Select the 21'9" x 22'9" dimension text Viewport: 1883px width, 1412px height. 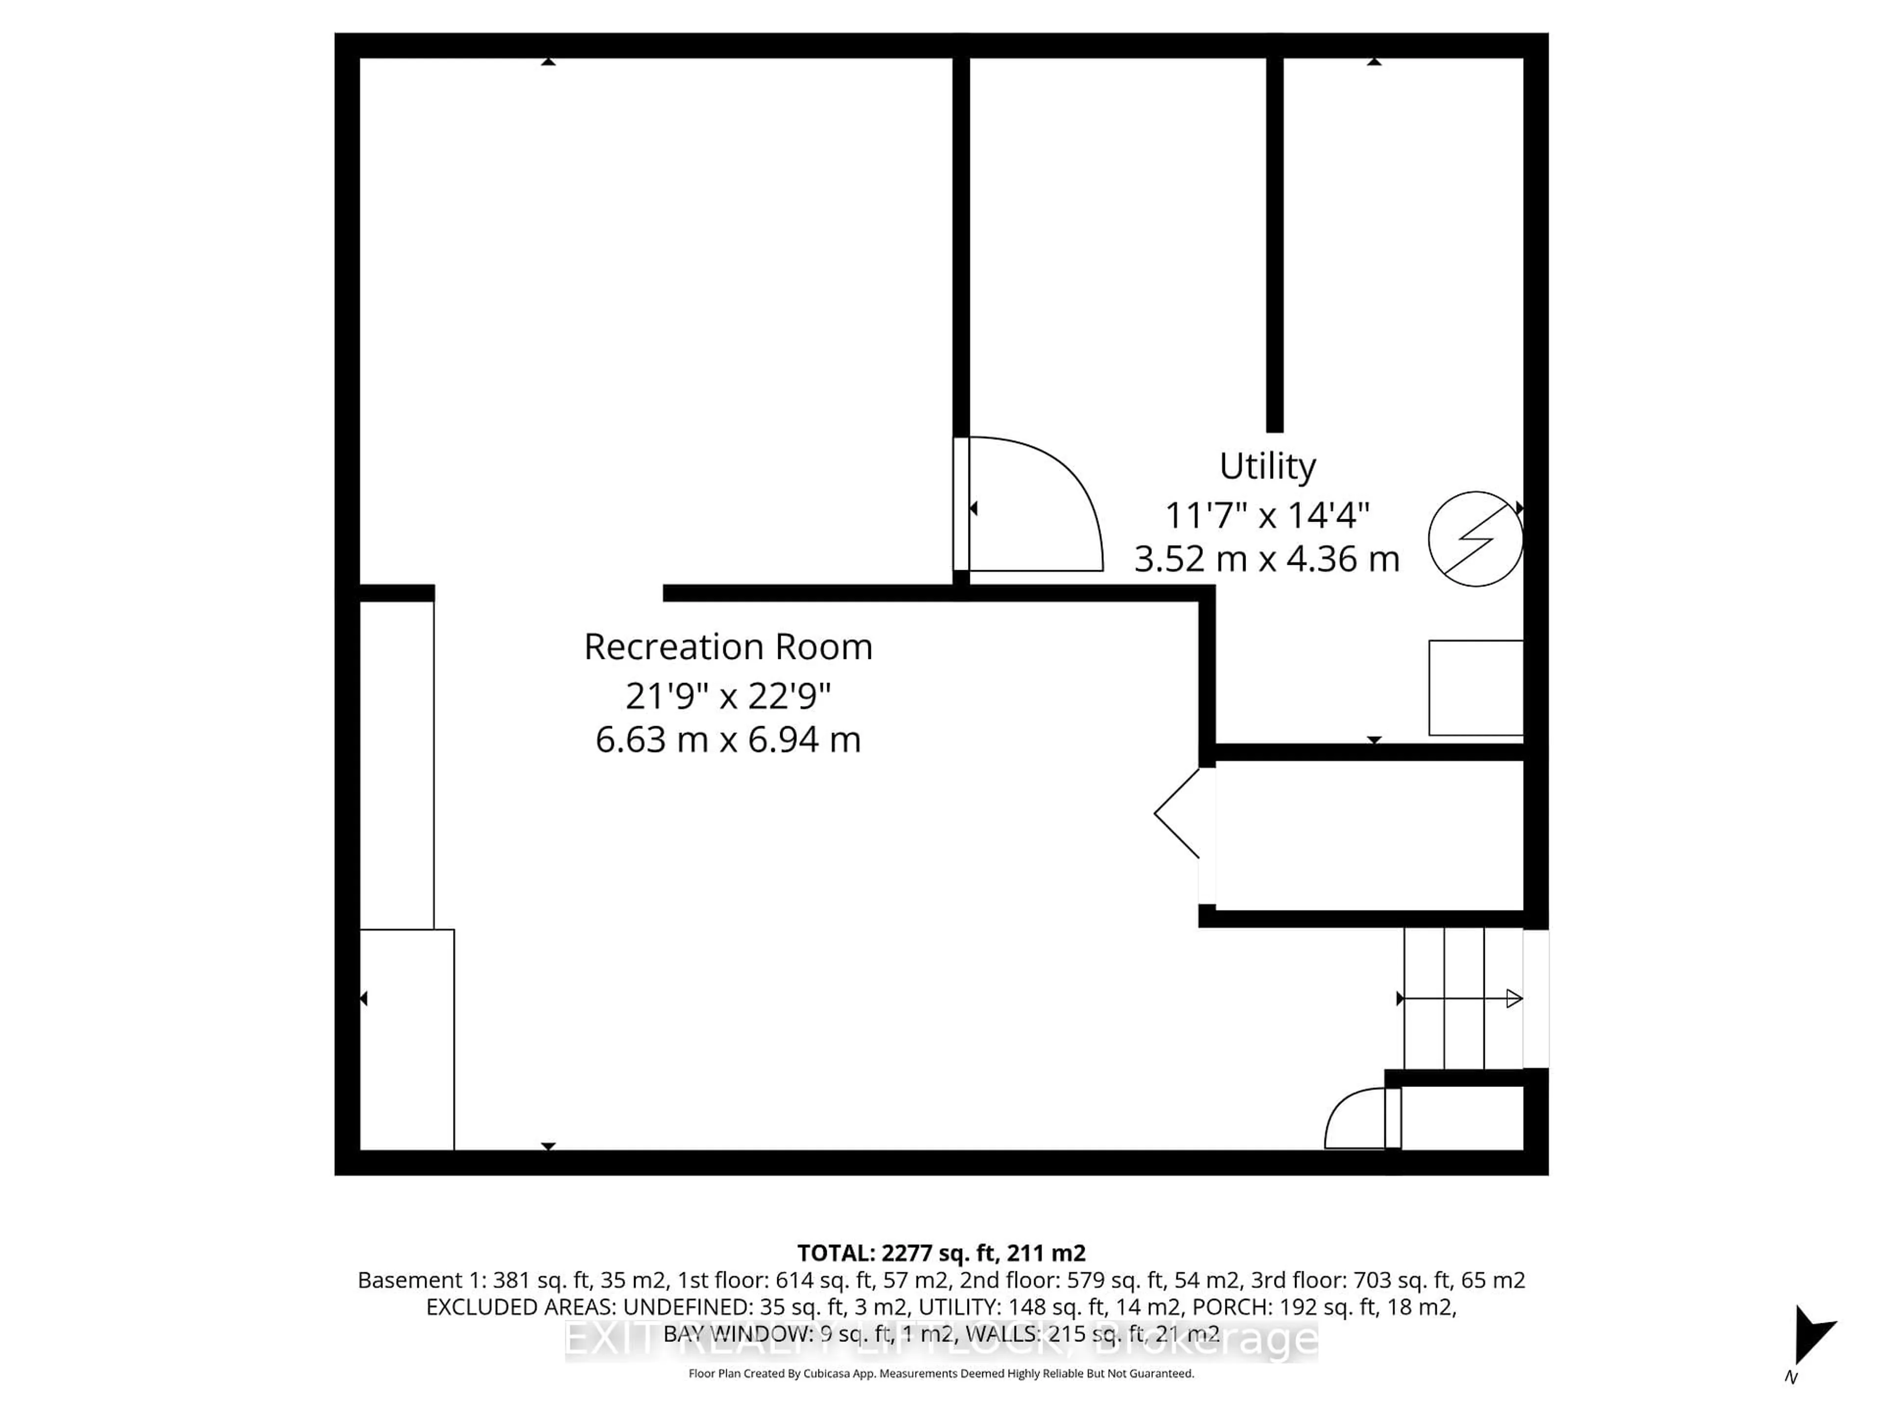(x=728, y=696)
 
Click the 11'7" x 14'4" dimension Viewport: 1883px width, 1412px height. (x=1267, y=515)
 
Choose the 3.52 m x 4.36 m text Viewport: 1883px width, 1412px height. (x=1267, y=559)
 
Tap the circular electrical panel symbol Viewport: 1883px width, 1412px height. (x=1475, y=539)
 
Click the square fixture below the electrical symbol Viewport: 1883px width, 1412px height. (x=1475, y=688)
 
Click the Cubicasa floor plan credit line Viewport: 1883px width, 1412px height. (x=941, y=1373)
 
